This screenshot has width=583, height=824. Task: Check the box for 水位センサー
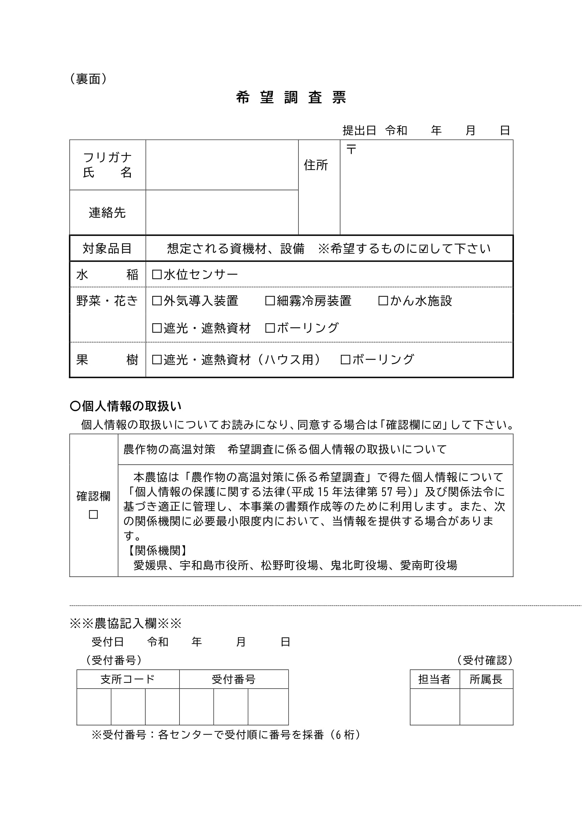(x=157, y=274)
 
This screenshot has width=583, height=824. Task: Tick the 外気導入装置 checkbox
(x=157, y=301)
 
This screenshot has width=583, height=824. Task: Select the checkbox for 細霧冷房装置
(x=270, y=301)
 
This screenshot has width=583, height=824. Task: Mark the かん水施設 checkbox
(x=383, y=301)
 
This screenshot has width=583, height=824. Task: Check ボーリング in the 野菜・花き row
(x=270, y=328)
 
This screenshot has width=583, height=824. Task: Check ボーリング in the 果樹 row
(x=345, y=360)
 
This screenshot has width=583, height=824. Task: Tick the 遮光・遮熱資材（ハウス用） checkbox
(x=157, y=360)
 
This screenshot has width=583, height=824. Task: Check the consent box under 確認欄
(x=93, y=515)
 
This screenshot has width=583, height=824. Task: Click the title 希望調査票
(x=291, y=98)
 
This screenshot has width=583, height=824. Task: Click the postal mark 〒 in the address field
(x=351, y=149)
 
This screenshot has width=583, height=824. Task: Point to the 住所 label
(x=316, y=165)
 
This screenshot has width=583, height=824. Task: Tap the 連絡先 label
(x=108, y=212)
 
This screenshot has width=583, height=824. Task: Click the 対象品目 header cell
(x=108, y=248)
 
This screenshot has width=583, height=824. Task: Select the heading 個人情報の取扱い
(x=125, y=406)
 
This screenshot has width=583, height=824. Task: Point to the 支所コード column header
(x=128, y=679)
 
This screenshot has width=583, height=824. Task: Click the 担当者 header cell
(x=434, y=679)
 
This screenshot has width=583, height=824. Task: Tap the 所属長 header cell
(x=486, y=679)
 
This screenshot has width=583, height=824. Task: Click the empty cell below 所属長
(x=486, y=707)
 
